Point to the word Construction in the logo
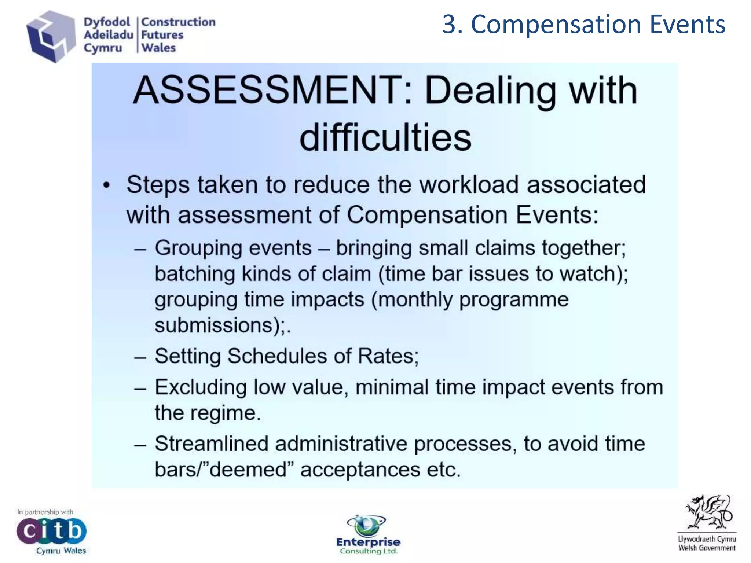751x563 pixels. tap(178, 22)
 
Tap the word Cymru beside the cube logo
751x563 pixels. tap(103, 48)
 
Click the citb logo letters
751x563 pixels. tap(51, 530)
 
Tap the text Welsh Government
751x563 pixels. tap(707, 548)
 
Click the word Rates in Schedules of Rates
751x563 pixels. tap(387, 356)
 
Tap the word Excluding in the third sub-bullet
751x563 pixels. tap(200, 387)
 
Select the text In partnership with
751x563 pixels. tap(45, 512)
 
